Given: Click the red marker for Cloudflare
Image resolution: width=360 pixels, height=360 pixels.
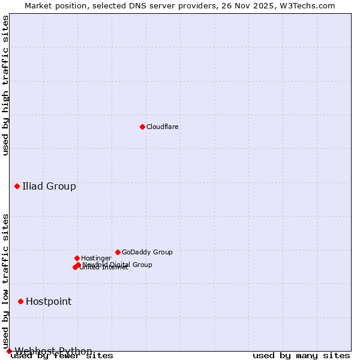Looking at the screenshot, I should tap(142, 127).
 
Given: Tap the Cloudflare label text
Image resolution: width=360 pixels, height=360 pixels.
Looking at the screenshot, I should tap(163, 127).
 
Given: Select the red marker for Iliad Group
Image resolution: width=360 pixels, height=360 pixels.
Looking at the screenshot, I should tap(17, 186).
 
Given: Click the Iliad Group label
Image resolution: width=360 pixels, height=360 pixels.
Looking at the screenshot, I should tap(49, 186).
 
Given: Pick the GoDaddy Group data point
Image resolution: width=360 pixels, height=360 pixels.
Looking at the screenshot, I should tap(118, 252).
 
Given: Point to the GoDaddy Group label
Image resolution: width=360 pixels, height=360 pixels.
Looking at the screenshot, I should tap(147, 252).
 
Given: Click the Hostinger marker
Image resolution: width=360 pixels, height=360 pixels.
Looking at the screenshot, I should tap(77, 258).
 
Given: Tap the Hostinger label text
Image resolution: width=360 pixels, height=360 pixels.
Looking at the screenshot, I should tap(96, 258).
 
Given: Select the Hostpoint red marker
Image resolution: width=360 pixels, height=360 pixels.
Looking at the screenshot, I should tap(20, 301).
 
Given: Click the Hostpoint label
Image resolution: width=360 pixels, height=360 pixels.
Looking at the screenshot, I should tap(49, 301).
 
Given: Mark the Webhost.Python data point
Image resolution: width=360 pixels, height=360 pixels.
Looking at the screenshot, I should tap(9, 351).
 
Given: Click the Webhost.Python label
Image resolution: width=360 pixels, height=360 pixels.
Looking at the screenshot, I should tap(53, 351).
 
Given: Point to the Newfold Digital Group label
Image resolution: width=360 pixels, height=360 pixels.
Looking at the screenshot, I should tap(118, 265).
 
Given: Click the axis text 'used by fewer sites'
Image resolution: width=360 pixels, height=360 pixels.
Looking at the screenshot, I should tap(62, 356).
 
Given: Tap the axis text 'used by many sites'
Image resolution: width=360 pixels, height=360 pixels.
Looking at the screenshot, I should tap(301, 356).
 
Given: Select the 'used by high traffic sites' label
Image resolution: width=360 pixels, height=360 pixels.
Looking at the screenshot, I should tap(6, 85).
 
